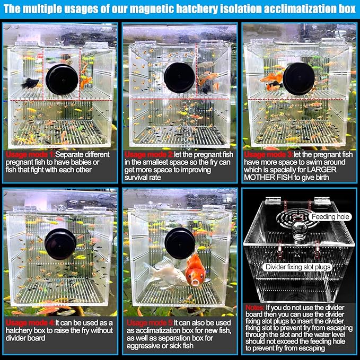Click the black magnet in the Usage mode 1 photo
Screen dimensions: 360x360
coord(62,80)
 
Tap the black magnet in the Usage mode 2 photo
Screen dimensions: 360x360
coord(180,77)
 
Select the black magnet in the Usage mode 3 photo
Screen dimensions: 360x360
coord(298,78)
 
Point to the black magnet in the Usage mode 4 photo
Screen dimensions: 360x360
coord(60,244)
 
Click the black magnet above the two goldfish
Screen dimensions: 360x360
coord(180,243)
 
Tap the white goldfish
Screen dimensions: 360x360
coord(165,273)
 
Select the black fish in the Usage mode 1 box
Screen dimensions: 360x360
coord(30,83)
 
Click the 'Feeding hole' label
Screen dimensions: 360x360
coord(330,217)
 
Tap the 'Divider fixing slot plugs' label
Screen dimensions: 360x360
coord(298,267)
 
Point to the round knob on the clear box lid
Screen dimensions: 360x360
coord(300,230)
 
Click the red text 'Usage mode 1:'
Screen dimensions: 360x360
coord(30,154)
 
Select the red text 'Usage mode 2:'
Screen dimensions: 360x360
coord(149,154)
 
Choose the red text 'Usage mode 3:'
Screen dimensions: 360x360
coord(268,154)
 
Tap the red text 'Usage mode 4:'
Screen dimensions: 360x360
coord(30,323)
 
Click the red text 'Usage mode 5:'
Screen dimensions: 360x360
coord(150,323)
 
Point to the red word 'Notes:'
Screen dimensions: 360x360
coord(255,308)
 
